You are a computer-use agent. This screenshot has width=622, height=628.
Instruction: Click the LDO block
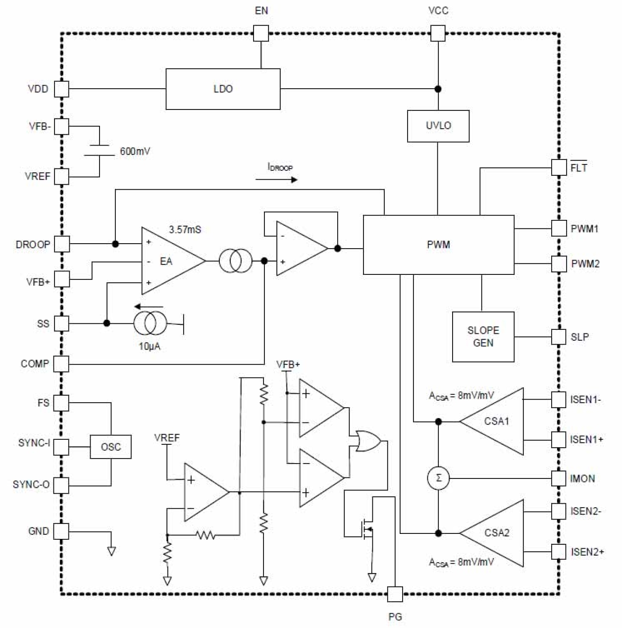click(222, 89)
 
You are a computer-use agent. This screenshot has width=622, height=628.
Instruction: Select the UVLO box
click(438, 126)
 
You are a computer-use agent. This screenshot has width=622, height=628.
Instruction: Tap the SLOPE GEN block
click(483, 337)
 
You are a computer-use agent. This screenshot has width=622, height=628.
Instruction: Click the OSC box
click(110, 447)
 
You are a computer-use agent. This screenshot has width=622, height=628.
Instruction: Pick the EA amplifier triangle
click(168, 261)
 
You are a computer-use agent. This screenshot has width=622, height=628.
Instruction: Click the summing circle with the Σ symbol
click(438, 478)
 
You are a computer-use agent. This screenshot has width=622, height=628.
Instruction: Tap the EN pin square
click(260, 34)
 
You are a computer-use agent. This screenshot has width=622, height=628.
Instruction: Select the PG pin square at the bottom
click(395, 594)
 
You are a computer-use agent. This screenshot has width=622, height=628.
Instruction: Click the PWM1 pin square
click(559, 229)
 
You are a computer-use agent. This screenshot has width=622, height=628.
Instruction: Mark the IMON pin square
click(559, 478)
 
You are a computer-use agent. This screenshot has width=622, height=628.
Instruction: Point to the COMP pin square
click(61, 364)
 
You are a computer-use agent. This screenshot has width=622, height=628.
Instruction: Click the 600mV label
click(135, 152)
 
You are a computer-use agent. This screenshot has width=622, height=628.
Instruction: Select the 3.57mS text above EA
click(185, 230)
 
